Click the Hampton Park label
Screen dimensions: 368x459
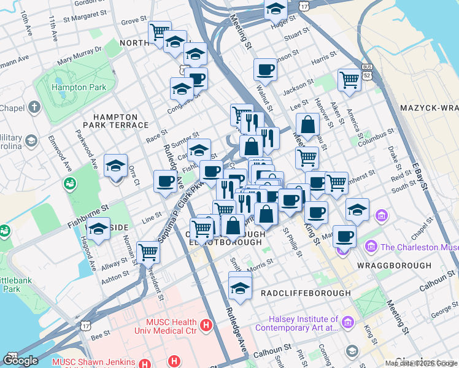(79, 87)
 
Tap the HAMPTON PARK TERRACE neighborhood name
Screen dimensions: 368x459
(120, 120)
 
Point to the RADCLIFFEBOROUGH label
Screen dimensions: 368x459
(305, 293)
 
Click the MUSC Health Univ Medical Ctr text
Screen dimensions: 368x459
(163, 326)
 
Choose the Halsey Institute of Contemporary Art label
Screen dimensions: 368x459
(304, 324)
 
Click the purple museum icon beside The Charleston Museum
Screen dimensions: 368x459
(371, 247)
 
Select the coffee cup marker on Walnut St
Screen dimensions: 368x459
(265, 70)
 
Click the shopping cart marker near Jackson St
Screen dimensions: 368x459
(349, 80)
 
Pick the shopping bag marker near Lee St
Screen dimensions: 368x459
(309, 125)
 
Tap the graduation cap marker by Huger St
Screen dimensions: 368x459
(276, 9)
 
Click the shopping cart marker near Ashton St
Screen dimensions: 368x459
(148, 251)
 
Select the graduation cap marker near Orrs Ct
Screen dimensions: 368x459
(115, 166)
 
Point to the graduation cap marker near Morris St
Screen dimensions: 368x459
(240, 286)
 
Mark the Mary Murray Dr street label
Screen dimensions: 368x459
(79, 58)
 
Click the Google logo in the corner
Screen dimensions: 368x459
(20, 360)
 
